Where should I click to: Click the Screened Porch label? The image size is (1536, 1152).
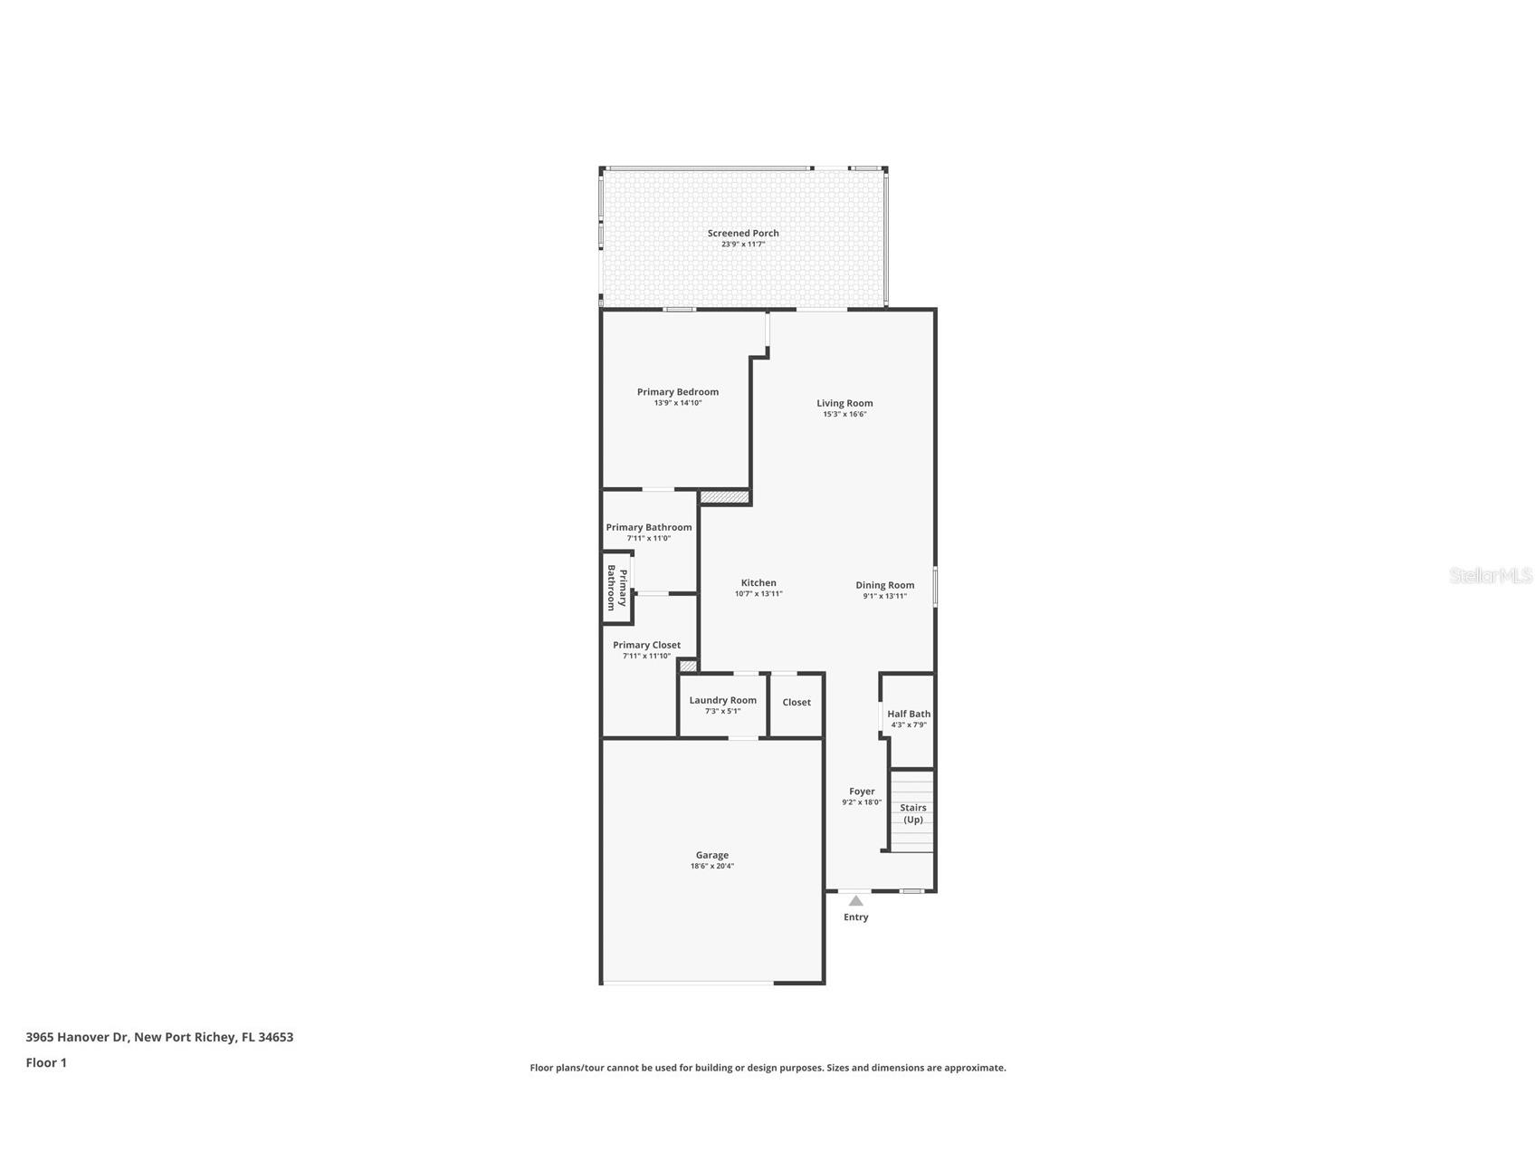(743, 233)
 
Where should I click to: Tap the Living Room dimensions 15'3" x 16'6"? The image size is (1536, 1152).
(844, 415)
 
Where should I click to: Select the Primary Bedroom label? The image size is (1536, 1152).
(677, 392)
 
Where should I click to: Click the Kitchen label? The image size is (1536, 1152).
(758, 583)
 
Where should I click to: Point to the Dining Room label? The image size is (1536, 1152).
(884, 585)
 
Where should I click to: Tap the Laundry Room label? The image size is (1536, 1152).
(722, 700)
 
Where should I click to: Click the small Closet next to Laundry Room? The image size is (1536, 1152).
(797, 703)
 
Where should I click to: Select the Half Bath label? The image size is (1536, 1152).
(909, 714)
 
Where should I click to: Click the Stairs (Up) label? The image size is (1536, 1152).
(912, 813)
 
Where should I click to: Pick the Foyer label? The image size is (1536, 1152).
(862, 792)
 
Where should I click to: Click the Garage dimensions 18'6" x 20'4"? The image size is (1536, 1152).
(712, 867)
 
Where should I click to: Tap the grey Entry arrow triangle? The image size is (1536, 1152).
(855, 900)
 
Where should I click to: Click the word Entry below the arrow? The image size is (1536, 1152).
(855, 917)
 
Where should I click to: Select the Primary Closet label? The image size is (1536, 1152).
(646, 646)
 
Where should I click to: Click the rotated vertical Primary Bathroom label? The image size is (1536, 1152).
(616, 589)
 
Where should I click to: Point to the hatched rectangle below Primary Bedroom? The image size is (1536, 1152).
(725, 497)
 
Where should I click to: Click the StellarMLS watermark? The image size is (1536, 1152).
(1490, 575)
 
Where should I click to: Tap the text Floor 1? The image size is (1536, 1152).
(46, 1063)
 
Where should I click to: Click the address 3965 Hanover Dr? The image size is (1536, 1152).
(77, 1037)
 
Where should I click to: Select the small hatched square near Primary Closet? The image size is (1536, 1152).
(688, 667)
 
